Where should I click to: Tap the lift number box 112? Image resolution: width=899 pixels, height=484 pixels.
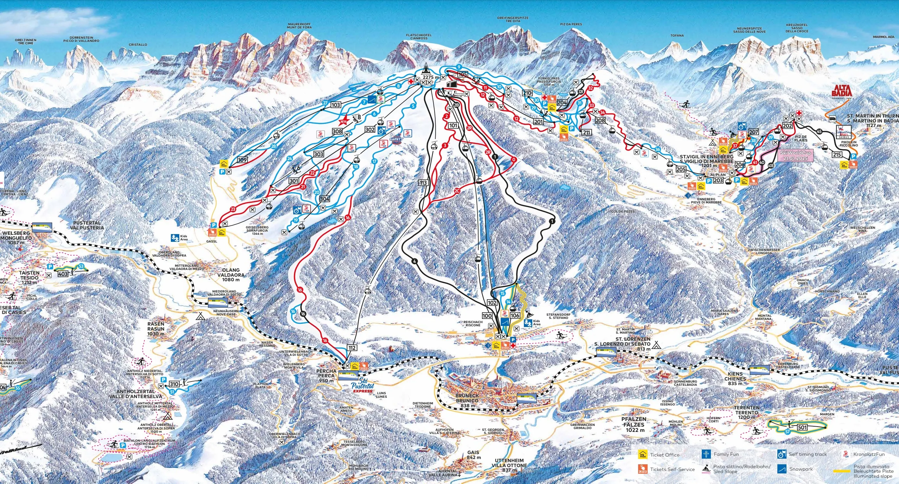tap(352, 348)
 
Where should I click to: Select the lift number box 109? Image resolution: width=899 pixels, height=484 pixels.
tap(242, 160)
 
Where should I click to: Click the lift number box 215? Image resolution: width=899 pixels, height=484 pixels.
tap(837, 155)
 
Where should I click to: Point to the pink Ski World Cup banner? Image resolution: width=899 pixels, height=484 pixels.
tap(795, 156)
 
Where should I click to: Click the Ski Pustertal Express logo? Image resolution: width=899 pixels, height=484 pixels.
tap(362, 387)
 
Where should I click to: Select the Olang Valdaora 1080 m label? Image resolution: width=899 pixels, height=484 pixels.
tap(231, 275)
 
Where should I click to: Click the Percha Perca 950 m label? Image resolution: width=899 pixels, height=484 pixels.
tap(326, 376)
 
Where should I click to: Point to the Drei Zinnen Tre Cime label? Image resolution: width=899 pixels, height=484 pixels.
tap(26, 42)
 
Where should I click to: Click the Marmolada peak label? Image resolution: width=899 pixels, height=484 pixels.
tap(884, 37)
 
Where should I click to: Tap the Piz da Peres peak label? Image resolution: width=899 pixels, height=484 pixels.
tap(571, 24)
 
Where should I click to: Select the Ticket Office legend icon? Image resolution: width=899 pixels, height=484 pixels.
tap(643, 454)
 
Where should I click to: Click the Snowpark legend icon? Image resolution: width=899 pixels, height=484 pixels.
tap(781, 469)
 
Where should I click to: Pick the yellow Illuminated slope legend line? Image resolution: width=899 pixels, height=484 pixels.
tap(842, 471)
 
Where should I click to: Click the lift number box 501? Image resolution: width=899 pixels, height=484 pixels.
tap(802, 427)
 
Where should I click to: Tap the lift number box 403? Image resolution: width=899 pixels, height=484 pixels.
tap(63, 274)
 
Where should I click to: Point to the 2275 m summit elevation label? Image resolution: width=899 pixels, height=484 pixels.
tap(431, 77)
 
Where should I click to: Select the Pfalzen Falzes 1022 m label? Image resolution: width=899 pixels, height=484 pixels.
tap(634, 425)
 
